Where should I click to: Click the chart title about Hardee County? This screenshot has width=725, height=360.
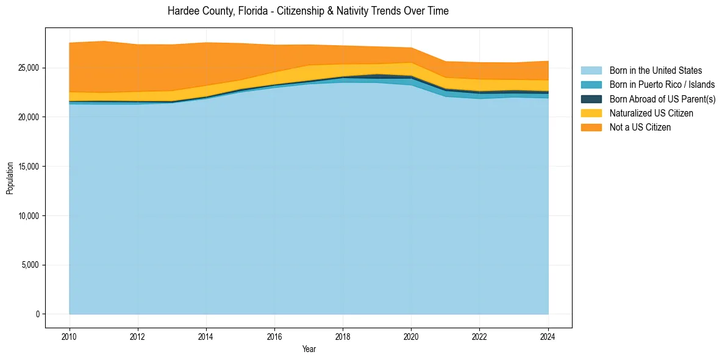click(308, 11)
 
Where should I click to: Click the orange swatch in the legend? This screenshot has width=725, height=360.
click(591, 127)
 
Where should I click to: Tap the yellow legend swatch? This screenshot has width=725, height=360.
click(591, 113)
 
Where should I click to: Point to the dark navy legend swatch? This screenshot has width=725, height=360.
click(591, 99)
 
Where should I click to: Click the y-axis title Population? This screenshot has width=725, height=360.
click(10, 178)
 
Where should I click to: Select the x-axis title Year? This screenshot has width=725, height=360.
click(309, 349)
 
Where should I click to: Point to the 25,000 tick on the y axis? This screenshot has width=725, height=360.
click(29, 68)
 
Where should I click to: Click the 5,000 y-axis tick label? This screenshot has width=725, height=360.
click(31, 265)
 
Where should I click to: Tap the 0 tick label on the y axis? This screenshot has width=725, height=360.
click(37, 314)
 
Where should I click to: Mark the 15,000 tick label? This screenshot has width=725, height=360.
click(29, 167)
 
